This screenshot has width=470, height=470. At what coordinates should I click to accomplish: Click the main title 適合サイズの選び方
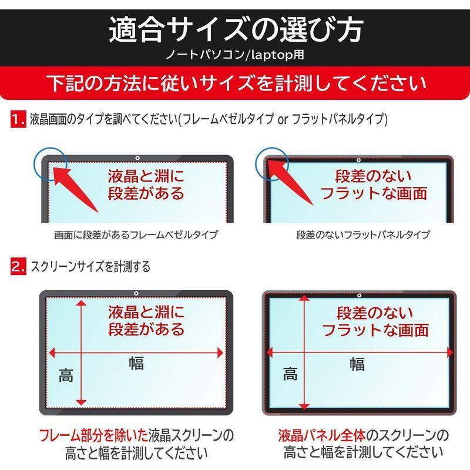(235, 29)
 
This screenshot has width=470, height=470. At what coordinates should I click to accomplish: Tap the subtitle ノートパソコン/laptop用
(235, 57)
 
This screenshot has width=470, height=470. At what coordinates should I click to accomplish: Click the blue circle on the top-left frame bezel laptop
(51, 162)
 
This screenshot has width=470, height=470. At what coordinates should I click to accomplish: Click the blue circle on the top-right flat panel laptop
(272, 162)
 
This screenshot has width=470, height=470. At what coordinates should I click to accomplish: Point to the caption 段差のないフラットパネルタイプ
(362, 235)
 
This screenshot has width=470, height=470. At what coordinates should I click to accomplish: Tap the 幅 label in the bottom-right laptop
(357, 364)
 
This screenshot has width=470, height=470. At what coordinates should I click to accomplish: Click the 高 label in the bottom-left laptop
(66, 375)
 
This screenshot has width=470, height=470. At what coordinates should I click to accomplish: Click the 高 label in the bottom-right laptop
(290, 374)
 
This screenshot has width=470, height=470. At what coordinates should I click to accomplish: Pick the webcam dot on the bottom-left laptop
(136, 294)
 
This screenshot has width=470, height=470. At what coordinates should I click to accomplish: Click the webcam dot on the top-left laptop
(136, 158)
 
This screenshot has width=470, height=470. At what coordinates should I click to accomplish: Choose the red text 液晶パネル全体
(321, 435)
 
